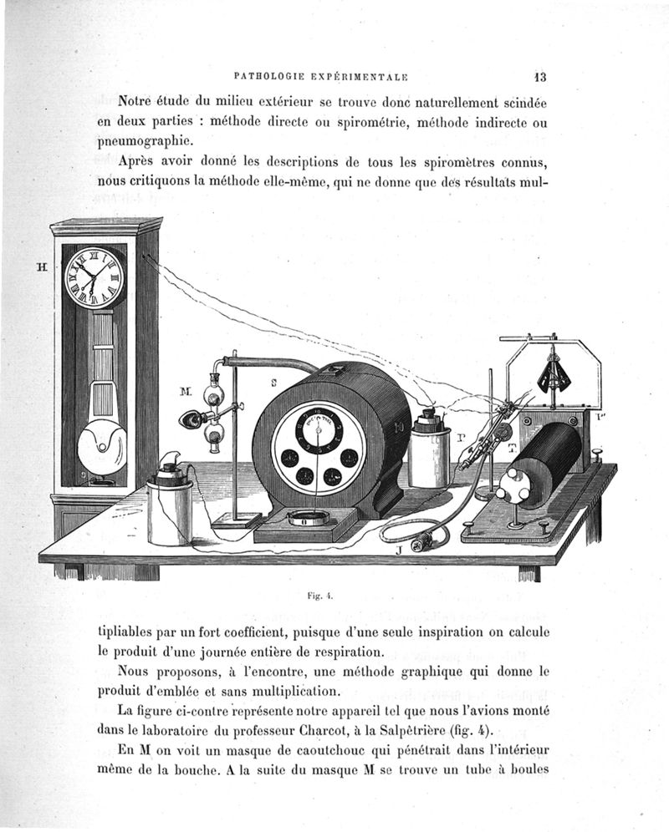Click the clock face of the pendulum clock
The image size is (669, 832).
94,277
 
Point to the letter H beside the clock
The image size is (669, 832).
39,269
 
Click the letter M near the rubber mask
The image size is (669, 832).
186,390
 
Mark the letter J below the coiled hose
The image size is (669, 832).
399,550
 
